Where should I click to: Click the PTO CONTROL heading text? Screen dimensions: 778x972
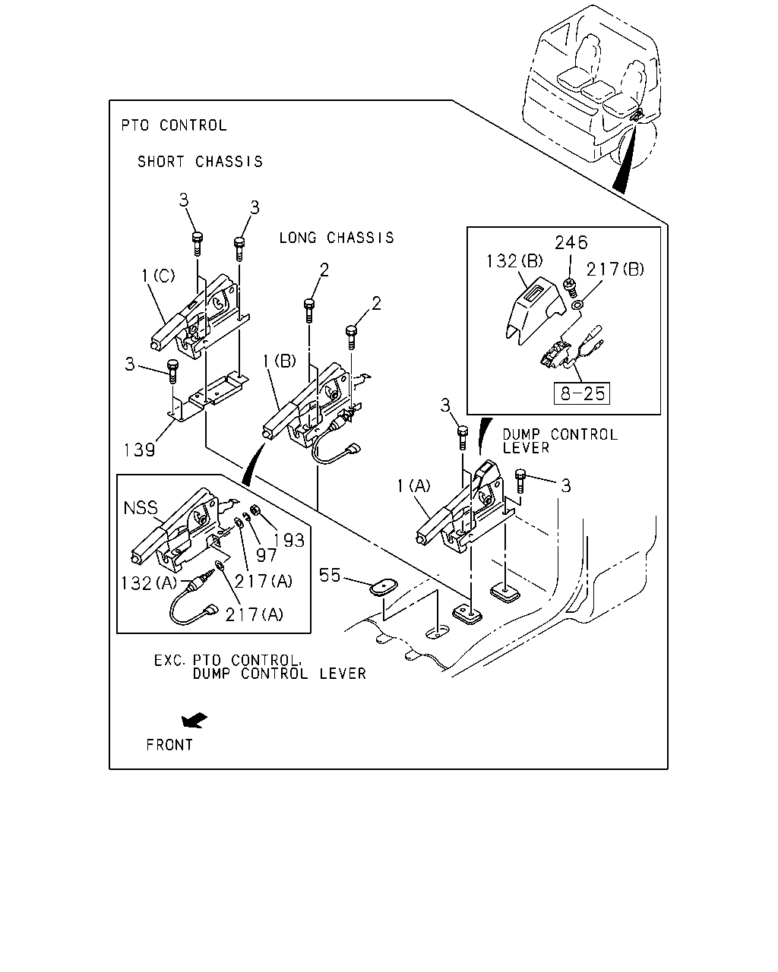coord(174,125)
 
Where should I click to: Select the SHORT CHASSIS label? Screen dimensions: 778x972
coord(200,161)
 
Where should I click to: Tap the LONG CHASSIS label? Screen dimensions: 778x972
coord(337,238)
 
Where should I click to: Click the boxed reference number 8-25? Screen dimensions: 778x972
coord(582,393)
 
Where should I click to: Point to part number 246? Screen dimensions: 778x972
coord(571,243)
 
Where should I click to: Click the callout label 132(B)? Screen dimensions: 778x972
coord(514,261)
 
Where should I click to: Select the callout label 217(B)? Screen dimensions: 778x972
coord(615,270)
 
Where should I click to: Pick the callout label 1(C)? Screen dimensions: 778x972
coord(158,275)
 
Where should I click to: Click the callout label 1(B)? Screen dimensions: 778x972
coord(280,361)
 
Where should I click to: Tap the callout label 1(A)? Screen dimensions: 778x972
coord(413,486)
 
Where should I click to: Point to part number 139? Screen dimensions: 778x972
coord(140,450)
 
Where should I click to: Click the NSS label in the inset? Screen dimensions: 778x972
coord(141,508)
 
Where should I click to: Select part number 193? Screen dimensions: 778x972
coord(289,540)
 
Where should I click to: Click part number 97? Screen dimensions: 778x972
coord(266,556)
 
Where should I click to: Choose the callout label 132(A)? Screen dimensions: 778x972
coord(149,583)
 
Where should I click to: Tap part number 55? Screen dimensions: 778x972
coord(330,575)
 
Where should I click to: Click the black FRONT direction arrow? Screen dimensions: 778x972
coord(194,720)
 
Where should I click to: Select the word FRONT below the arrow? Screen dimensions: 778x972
coord(169,745)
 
